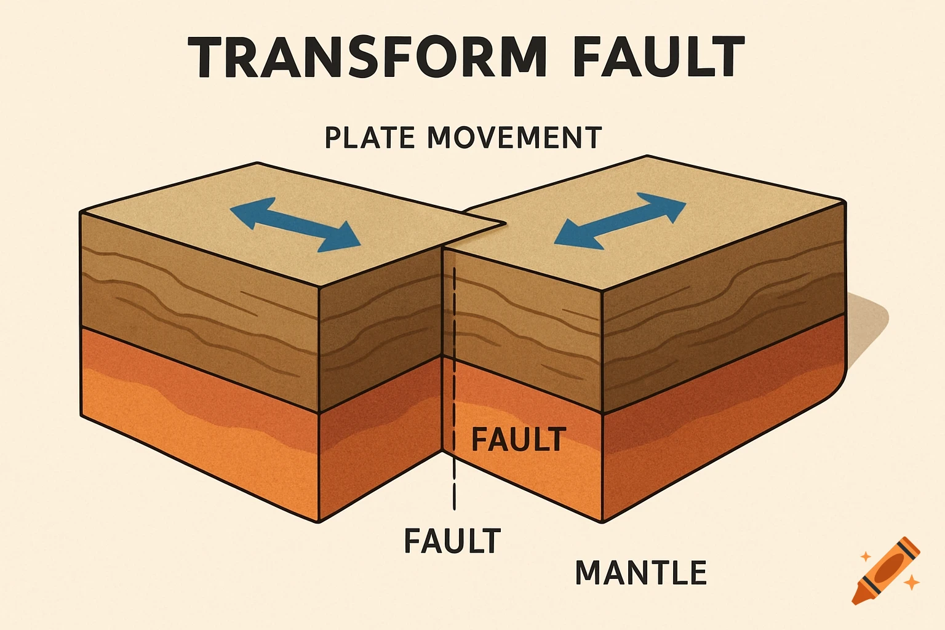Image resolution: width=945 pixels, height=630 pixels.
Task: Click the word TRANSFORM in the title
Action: pyautogui.click(x=367, y=57)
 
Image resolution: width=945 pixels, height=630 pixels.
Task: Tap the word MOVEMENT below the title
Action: pyautogui.click(x=513, y=137)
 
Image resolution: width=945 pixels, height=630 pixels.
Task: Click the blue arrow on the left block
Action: pyautogui.click(x=295, y=228)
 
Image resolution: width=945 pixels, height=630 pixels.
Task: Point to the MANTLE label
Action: pyautogui.click(x=640, y=572)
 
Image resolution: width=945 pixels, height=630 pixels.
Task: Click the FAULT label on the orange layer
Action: pyautogui.click(x=517, y=439)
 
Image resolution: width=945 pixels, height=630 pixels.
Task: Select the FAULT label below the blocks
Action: pyautogui.click(x=452, y=541)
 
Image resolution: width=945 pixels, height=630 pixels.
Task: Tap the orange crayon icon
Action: pyautogui.click(x=886, y=571)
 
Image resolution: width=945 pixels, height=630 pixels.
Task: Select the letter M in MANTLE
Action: pyautogui.click(x=589, y=572)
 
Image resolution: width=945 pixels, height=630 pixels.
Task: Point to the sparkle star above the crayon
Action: pyautogui.click(x=866, y=556)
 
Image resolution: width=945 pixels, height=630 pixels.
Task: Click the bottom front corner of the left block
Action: pyautogui.click(x=319, y=522)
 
